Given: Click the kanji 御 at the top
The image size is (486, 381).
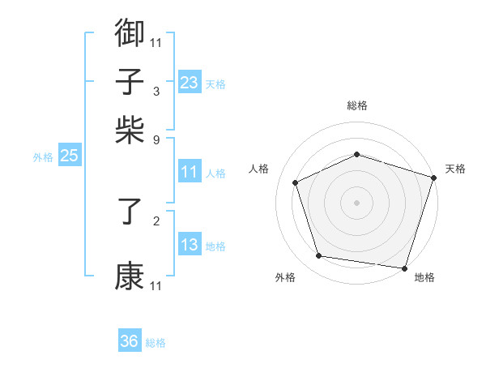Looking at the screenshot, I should (x=130, y=34).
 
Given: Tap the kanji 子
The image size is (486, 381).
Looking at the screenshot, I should (x=130, y=82).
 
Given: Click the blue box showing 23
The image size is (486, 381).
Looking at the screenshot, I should (x=189, y=83).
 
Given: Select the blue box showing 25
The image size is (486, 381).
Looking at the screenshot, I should (x=69, y=156).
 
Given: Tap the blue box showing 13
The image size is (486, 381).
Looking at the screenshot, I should (x=189, y=246).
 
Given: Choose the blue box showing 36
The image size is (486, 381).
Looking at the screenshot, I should (x=130, y=341).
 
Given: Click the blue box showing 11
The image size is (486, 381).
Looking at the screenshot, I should (x=189, y=172).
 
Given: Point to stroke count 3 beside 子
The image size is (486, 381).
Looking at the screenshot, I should (x=156, y=91).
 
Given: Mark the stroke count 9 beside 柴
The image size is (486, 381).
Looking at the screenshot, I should (x=156, y=139).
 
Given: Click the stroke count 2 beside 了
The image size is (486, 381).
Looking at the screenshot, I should (x=156, y=220).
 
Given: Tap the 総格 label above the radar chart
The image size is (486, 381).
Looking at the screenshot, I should (x=357, y=105).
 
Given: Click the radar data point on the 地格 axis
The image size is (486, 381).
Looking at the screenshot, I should (x=403, y=267).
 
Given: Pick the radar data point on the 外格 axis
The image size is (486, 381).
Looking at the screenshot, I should (x=319, y=256).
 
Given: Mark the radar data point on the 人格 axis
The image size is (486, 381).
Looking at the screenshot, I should (x=296, y=182).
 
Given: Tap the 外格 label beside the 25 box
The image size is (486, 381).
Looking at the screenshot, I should (x=42, y=157).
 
